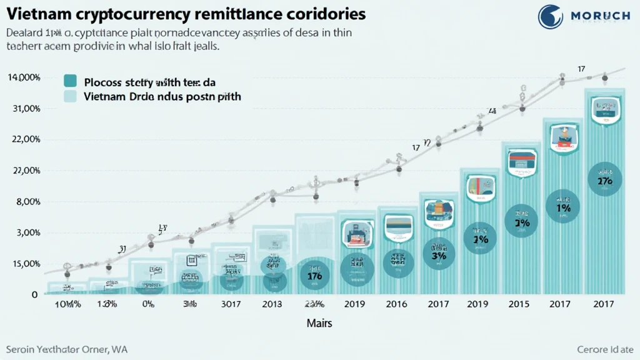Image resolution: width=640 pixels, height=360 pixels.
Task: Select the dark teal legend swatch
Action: [x=71, y=81]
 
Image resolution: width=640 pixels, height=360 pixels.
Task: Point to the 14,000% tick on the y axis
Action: [x=24, y=77]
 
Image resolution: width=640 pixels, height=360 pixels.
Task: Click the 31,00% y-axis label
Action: [x=26, y=108]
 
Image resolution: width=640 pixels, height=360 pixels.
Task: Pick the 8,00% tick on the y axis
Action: [x=26, y=202]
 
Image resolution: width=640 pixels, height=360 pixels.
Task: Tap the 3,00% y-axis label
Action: [x=26, y=232]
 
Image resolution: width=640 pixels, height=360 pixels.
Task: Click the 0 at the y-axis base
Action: [x=34, y=294]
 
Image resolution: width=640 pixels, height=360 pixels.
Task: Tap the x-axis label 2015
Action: [x=518, y=304]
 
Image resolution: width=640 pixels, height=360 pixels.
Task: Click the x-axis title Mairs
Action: [x=319, y=323]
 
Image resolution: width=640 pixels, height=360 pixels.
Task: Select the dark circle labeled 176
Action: [x=314, y=274]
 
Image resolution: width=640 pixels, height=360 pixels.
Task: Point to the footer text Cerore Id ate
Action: [x=605, y=349]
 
